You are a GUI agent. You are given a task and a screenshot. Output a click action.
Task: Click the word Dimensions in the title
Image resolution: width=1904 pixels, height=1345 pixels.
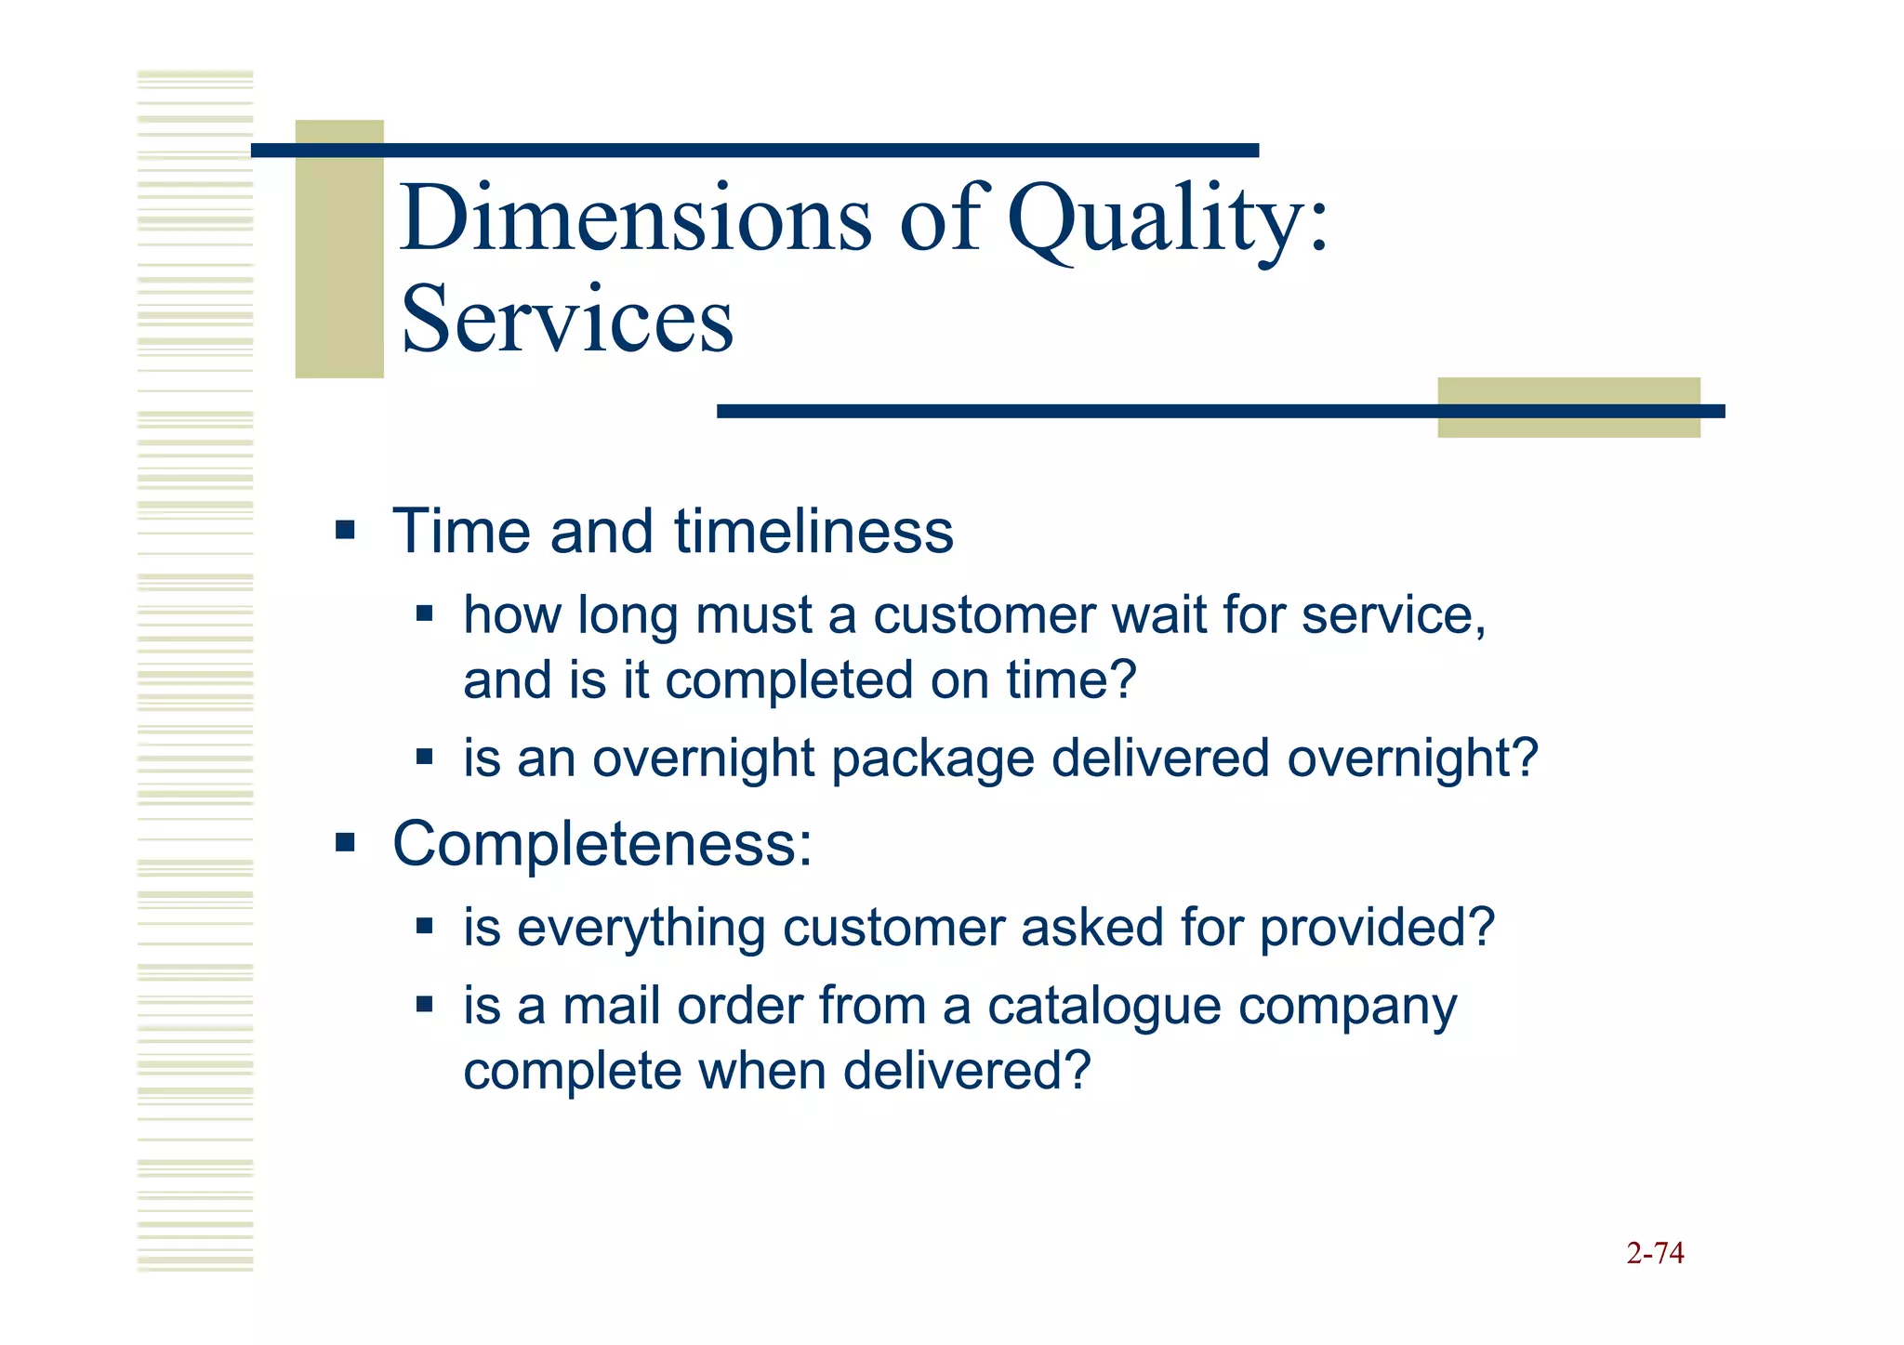tap(636, 218)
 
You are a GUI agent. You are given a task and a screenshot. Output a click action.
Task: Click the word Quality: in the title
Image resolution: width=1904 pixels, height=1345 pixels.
tap(1169, 220)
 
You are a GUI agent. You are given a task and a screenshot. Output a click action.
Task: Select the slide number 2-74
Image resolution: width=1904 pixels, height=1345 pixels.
tap(1655, 1253)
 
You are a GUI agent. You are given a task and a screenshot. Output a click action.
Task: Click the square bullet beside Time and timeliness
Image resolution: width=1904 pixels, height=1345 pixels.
tap(345, 532)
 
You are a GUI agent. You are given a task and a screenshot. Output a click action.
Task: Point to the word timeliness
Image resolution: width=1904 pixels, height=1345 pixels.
tap(813, 532)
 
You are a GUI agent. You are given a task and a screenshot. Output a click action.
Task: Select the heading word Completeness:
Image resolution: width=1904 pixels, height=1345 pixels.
tap(602, 844)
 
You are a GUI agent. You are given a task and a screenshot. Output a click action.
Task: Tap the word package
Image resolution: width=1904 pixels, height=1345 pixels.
tap(932, 758)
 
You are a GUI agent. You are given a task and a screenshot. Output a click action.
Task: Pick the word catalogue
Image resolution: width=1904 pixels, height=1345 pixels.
tap(1104, 1007)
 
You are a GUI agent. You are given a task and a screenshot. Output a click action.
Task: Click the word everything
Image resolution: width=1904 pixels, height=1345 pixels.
tap(641, 929)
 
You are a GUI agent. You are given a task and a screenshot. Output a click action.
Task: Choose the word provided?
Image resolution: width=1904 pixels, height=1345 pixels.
tap(1377, 929)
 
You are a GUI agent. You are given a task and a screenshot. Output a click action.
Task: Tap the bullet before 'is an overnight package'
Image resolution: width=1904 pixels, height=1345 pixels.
tap(425, 757)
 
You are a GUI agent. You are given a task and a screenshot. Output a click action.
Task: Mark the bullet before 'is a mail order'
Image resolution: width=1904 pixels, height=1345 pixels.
tap(425, 1005)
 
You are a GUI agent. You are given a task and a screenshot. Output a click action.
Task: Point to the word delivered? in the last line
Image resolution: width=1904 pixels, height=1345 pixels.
tap(966, 1071)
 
